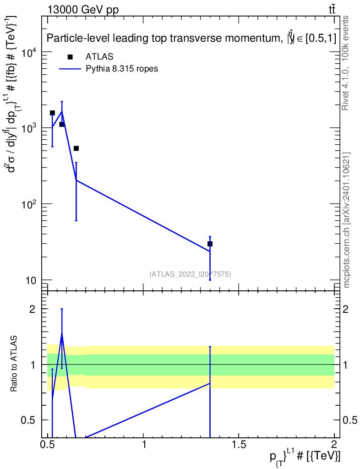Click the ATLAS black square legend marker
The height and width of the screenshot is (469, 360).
pyautogui.click(x=70, y=57)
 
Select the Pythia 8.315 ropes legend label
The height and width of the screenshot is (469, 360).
pyautogui.click(x=122, y=69)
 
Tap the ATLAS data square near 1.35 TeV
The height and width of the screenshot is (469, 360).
pyautogui.click(x=210, y=244)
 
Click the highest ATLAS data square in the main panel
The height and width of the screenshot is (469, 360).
pyautogui.click(x=52, y=113)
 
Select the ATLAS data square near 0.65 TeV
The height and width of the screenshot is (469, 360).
pyautogui.click(x=76, y=148)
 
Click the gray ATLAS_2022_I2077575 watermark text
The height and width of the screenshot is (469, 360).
pyautogui.click(x=190, y=274)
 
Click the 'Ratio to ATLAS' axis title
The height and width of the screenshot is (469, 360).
pyautogui.click(x=14, y=365)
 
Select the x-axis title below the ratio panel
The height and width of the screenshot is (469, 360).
pyautogui.click(x=305, y=457)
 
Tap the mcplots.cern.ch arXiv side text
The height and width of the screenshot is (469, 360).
pyautogui.click(x=347, y=220)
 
